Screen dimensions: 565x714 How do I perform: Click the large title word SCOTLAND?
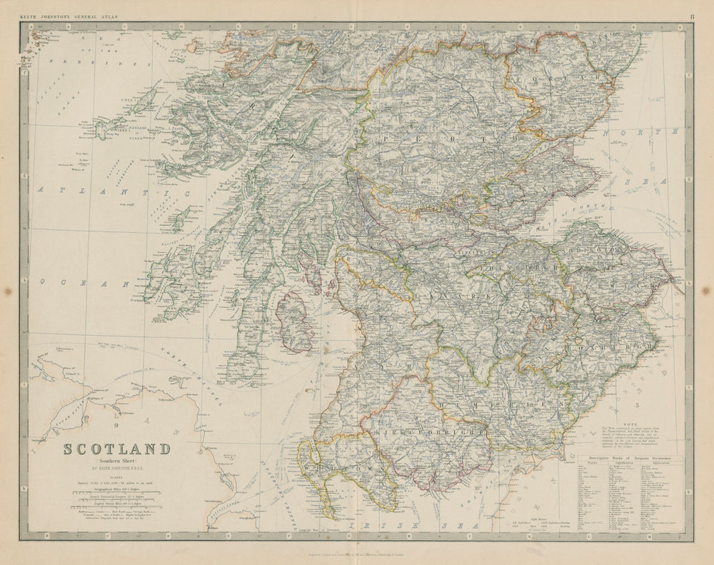(117, 449)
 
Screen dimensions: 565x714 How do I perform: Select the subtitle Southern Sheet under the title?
(117, 462)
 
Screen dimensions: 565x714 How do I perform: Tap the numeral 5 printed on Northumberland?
(634, 405)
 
